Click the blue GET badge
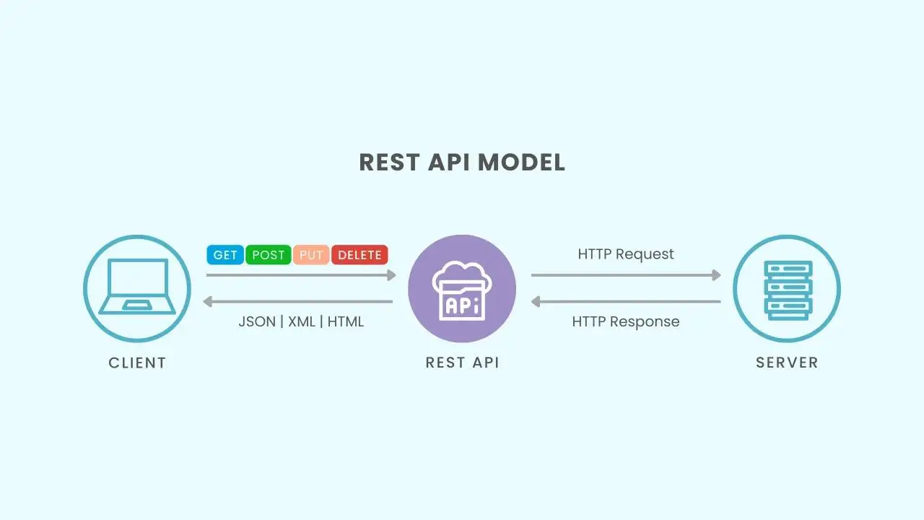(225, 255)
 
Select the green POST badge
(269, 255)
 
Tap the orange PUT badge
(311, 255)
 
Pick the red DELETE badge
(359, 255)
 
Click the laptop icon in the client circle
(137, 287)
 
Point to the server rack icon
(787, 289)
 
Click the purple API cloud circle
(462, 289)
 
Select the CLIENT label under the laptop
(137, 363)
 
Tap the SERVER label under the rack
(787, 363)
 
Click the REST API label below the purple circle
(462, 363)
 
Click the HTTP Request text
(626, 254)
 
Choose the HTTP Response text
(626, 321)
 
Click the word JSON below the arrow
(257, 321)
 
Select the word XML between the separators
(302, 321)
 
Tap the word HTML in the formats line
(346, 321)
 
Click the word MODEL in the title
(521, 162)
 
